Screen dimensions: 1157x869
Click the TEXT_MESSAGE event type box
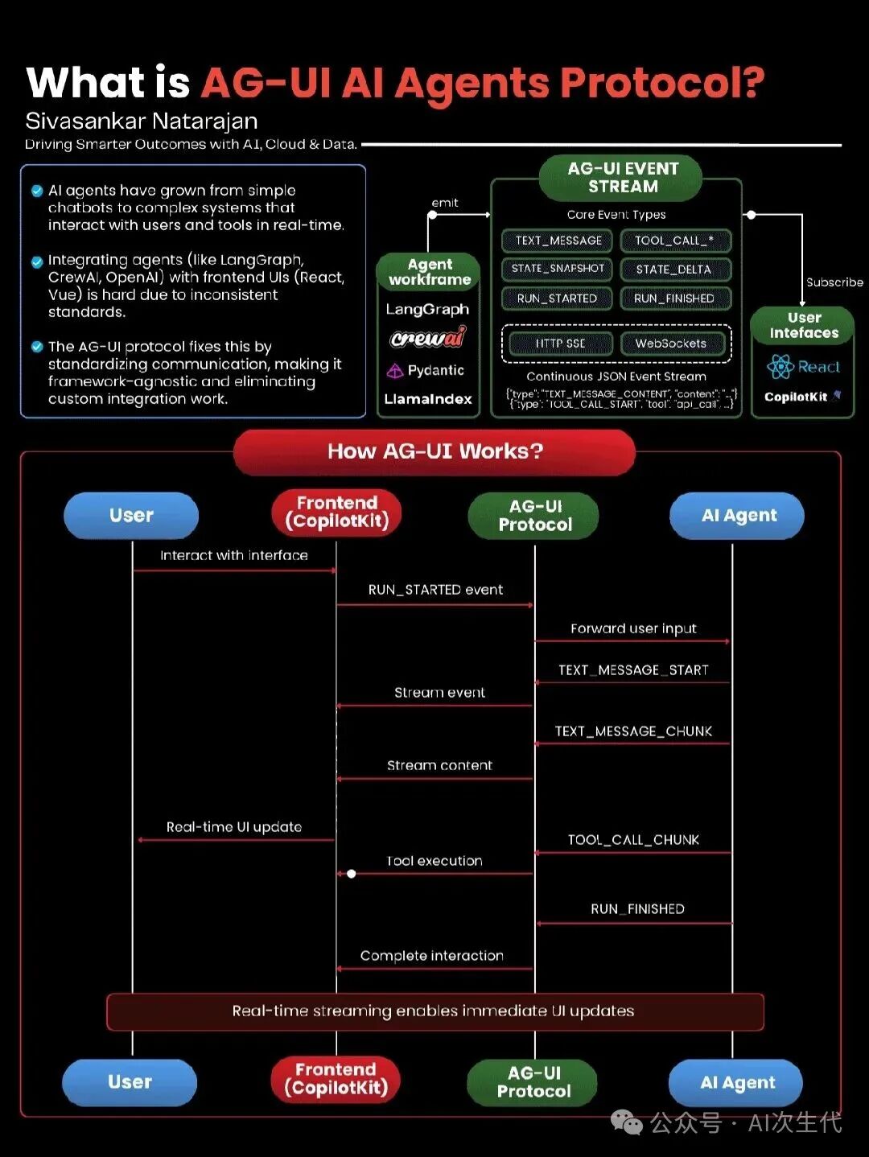[558, 241]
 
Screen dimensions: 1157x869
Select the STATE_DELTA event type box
[674, 270]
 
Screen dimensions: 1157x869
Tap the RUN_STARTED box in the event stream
[557, 299]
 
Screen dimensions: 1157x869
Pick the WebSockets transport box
[671, 344]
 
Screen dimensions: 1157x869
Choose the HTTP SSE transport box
[560, 344]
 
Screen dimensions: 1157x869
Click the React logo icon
[780, 367]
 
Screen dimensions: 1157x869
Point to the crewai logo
[428, 339]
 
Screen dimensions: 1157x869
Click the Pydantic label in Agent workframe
[435, 370]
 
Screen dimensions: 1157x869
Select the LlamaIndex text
[428, 399]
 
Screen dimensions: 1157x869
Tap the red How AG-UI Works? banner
[434, 451]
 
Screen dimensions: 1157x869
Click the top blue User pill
[131, 516]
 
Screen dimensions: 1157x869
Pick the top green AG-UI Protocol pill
[534, 516]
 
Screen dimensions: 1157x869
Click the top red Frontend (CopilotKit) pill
[336, 513]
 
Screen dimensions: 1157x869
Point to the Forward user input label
[633, 628]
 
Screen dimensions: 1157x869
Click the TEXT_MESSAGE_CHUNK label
[633, 731]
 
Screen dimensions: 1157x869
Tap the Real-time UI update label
[234, 827]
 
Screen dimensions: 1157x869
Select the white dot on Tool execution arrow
[352, 874]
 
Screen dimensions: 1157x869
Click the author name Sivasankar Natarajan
[142, 121]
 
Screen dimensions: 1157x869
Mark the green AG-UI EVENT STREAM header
[623, 178]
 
